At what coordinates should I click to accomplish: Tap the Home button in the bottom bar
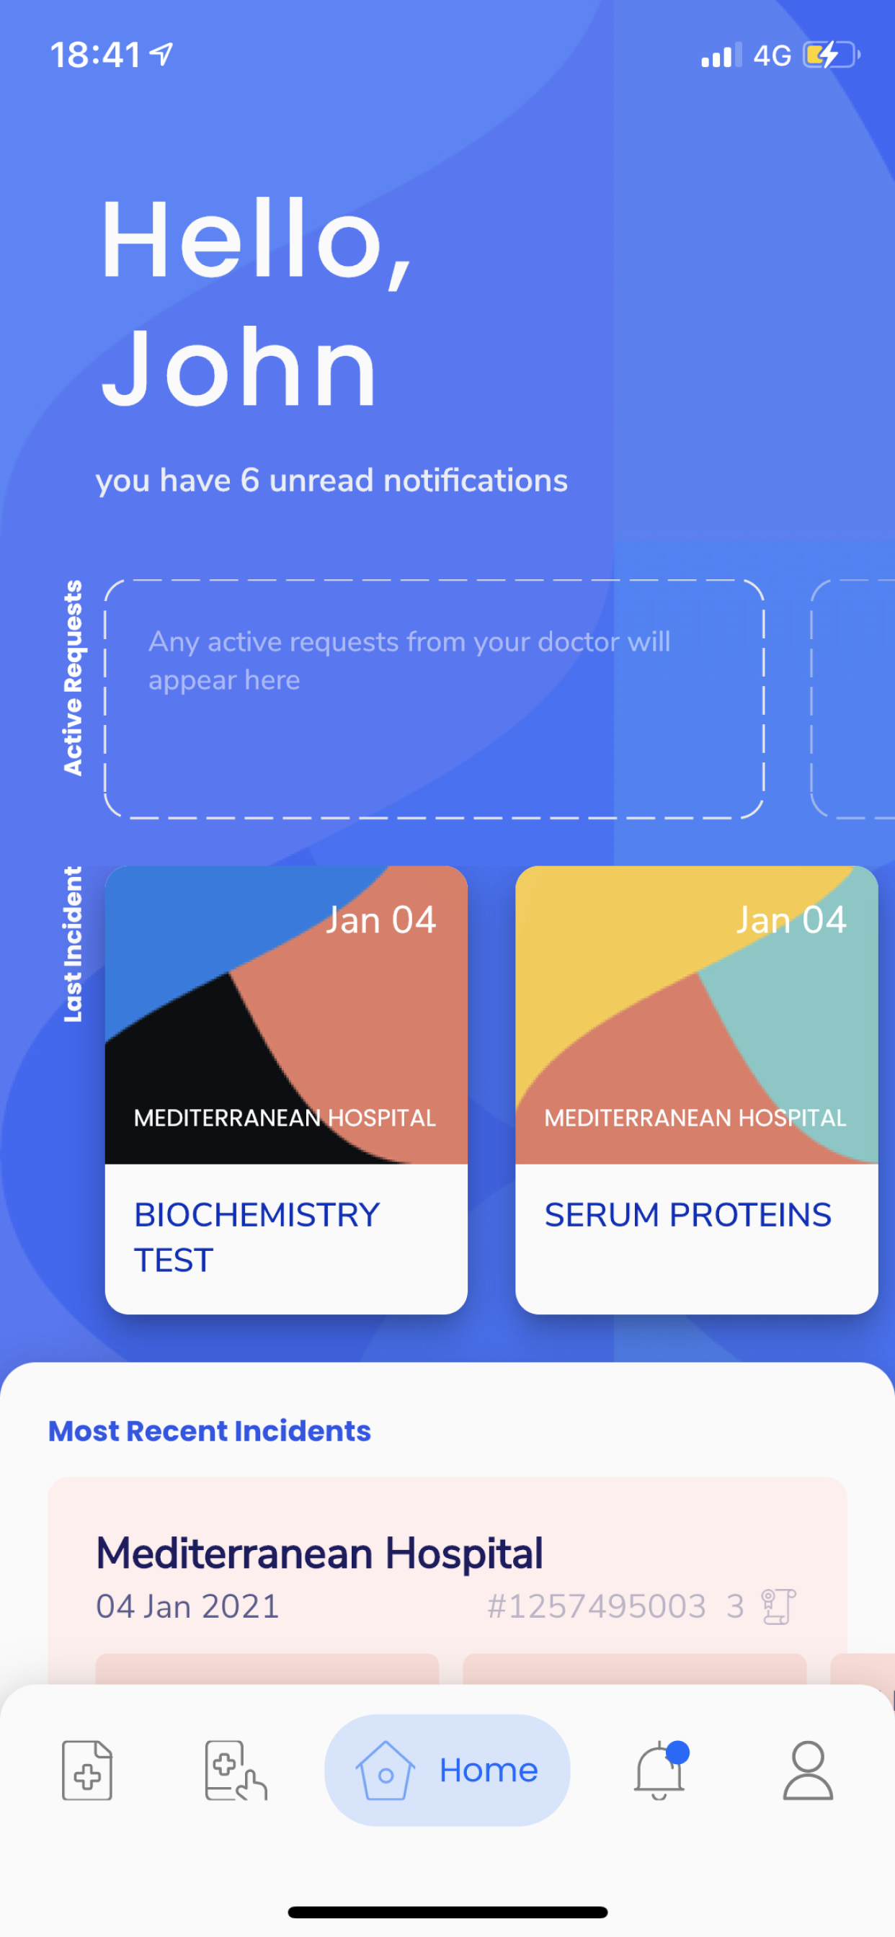(x=447, y=1770)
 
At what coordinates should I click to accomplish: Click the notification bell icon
(x=659, y=1770)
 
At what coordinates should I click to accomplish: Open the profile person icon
(x=808, y=1770)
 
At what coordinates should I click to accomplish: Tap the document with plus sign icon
(x=87, y=1770)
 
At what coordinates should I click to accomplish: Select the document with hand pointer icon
(x=236, y=1770)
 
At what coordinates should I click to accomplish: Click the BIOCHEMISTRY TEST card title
(x=257, y=1237)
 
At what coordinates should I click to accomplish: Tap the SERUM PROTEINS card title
(x=687, y=1214)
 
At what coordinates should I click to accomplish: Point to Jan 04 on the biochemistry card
(x=380, y=919)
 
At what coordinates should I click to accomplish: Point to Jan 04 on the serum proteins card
(x=791, y=919)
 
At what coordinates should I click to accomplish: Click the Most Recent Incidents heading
(x=210, y=1431)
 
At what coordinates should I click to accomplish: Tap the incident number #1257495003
(x=597, y=1607)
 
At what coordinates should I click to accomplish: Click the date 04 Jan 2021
(x=187, y=1607)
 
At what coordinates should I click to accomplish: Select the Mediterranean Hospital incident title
(x=320, y=1554)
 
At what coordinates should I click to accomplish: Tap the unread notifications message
(x=331, y=481)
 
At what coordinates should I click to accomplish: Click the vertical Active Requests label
(x=72, y=677)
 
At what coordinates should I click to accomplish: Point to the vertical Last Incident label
(x=72, y=945)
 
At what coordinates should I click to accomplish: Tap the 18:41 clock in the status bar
(x=96, y=55)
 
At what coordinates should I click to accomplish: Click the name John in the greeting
(x=239, y=368)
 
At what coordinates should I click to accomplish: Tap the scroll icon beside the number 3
(x=778, y=1607)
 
